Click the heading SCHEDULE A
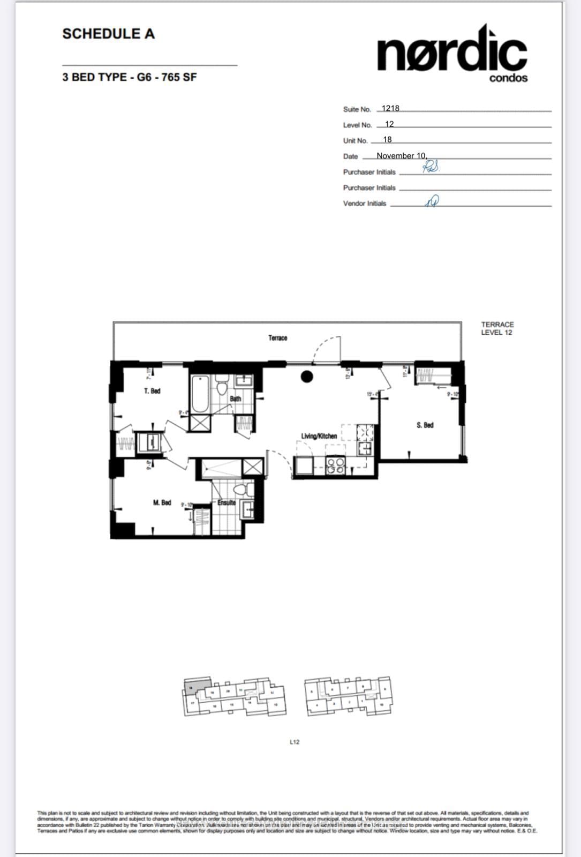[108, 34]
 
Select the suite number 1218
[390, 108]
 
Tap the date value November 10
[402, 156]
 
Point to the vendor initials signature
[432, 201]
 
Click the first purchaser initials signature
[431, 168]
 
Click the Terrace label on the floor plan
[277, 338]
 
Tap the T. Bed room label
[152, 391]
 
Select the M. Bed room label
[162, 502]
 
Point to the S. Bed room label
[425, 425]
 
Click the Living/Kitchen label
[319, 436]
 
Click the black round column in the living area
[307, 377]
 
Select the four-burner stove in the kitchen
[336, 465]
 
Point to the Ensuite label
[227, 503]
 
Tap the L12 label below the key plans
[295, 742]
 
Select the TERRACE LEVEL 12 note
[497, 328]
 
